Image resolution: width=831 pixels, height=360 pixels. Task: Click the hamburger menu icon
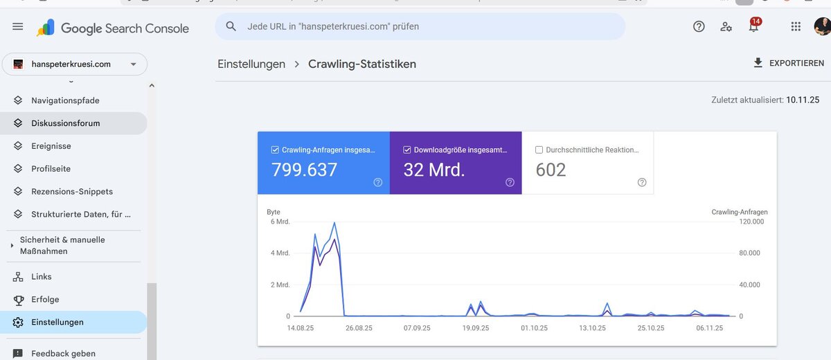pyautogui.click(x=17, y=27)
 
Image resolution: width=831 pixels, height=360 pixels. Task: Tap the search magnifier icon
pyautogui.click(x=231, y=26)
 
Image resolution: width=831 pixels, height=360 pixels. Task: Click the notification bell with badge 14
pyautogui.click(x=754, y=26)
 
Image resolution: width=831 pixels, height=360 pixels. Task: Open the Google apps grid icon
pyautogui.click(x=796, y=26)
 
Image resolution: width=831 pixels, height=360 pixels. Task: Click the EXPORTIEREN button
pyautogui.click(x=789, y=63)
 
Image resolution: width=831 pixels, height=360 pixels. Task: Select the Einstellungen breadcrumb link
pyautogui.click(x=251, y=64)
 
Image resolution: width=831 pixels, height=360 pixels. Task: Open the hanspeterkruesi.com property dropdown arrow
pyautogui.click(x=133, y=64)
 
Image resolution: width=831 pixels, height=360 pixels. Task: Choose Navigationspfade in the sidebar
pyautogui.click(x=65, y=100)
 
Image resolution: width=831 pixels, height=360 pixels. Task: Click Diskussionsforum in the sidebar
pyautogui.click(x=66, y=123)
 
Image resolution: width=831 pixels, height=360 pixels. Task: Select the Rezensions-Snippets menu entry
pyautogui.click(x=72, y=192)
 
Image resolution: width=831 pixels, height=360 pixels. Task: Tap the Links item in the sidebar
pyautogui.click(x=41, y=277)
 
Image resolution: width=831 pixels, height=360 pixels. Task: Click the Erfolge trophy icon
pyautogui.click(x=18, y=300)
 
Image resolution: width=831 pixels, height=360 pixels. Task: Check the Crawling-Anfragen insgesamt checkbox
pyautogui.click(x=275, y=150)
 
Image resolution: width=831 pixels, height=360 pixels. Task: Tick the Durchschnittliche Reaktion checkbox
pyautogui.click(x=539, y=150)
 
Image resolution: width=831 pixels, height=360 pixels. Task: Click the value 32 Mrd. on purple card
pyautogui.click(x=434, y=170)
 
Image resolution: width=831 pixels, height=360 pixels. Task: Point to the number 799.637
pyautogui.click(x=304, y=170)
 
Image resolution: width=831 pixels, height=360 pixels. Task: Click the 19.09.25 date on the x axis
pyautogui.click(x=476, y=328)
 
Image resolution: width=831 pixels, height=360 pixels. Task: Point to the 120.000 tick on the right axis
pyautogui.click(x=751, y=222)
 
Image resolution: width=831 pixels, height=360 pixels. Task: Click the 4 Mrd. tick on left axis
pyautogui.click(x=280, y=253)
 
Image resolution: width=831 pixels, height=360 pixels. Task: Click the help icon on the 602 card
pyautogui.click(x=642, y=182)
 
